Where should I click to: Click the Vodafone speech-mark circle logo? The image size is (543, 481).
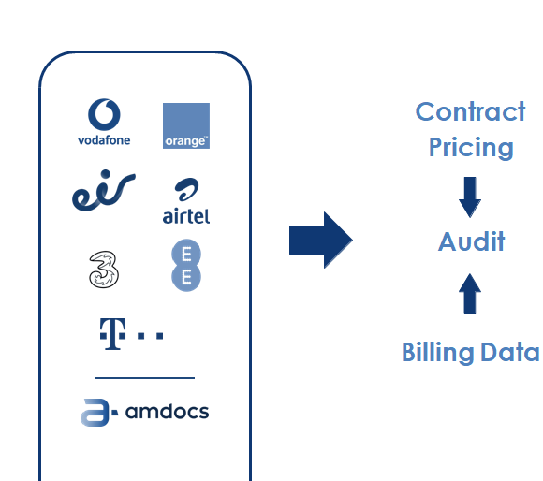click(x=104, y=114)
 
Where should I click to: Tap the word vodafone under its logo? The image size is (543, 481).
click(x=104, y=140)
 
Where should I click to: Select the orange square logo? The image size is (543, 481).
click(x=186, y=125)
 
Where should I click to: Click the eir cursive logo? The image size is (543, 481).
click(x=104, y=191)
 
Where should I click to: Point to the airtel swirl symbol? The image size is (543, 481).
click(x=186, y=189)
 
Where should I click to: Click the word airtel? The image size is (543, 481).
click(x=186, y=216)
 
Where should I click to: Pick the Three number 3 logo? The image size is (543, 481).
click(x=104, y=270)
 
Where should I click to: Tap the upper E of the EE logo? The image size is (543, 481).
click(x=186, y=254)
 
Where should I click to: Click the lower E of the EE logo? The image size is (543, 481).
click(x=186, y=277)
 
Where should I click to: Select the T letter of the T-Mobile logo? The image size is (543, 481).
click(x=112, y=334)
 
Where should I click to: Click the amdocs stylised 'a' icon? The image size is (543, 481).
click(x=98, y=413)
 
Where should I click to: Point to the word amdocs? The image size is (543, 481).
click(x=167, y=412)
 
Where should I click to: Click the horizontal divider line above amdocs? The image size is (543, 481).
click(x=144, y=378)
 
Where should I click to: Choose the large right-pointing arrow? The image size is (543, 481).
click(x=321, y=240)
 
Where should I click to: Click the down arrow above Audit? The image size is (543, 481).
click(x=470, y=197)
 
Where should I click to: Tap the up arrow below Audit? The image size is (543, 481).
click(x=470, y=294)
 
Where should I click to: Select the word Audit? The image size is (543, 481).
click(x=471, y=241)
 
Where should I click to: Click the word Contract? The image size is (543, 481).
click(x=471, y=111)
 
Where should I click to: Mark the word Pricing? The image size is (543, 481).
click(x=471, y=148)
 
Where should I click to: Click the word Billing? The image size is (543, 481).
click(x=438, y=352)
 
